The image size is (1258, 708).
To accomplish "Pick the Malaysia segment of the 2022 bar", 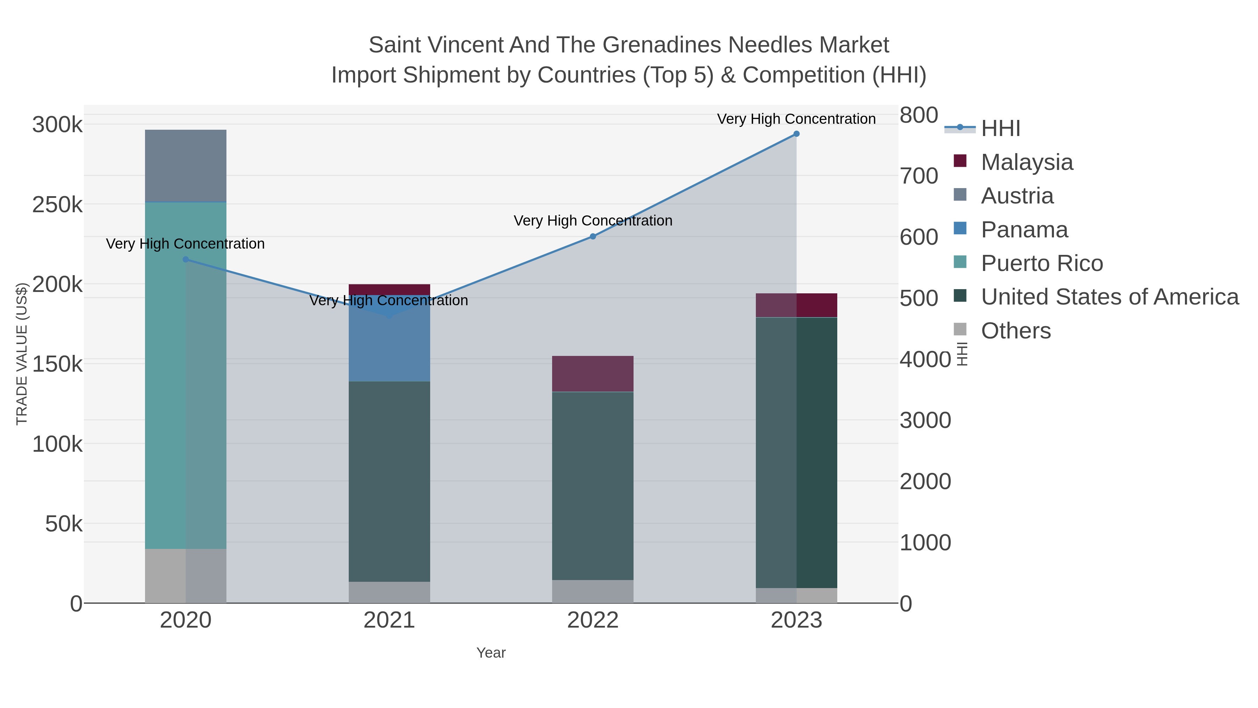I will (592, 374).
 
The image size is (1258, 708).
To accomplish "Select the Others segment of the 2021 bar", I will (389, 592).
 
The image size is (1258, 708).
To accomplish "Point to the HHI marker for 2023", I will (796, 134).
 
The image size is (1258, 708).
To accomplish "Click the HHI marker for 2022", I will (592, 236).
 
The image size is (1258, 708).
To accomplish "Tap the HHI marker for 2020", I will (186, 259).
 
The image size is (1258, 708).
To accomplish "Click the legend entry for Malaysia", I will (1027, 162).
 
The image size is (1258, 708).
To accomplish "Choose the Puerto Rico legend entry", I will (1041, 263).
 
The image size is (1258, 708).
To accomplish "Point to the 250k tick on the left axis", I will (57, 205).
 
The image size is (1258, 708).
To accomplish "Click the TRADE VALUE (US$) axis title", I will (22, 354).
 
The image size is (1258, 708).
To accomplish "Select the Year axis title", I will (491, 653).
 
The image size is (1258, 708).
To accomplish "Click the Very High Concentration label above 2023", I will (796, 119).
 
